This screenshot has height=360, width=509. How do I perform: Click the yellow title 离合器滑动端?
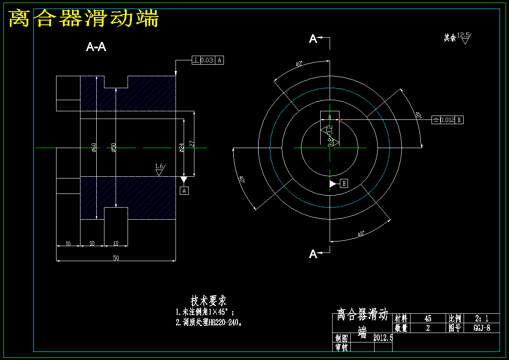(x=84, y=19)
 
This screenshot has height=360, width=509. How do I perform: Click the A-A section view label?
(x=96, y=47)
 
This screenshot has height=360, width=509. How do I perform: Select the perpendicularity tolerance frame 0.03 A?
(x=207, y=60)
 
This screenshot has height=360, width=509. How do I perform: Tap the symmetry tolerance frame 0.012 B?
(x=447, y=120)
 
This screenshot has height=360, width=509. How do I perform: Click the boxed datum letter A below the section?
(x=185, y=191)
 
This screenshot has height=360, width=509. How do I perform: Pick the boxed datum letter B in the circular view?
(x=344, y=184)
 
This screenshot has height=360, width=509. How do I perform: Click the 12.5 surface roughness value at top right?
(x=463, y=35)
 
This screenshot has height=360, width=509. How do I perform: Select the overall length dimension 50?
(x=116, y=258)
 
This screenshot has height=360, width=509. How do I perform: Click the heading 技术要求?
(x=208, y=300)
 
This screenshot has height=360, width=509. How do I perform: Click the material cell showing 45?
(x=428, y=318)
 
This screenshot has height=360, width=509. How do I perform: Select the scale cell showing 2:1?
(x=481, y=318)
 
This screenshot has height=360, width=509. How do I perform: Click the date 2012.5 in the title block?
(x=383, y=338)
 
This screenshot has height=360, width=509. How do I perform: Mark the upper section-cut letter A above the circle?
(x=313, y=39)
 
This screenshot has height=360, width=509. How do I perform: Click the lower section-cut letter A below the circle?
(x=313, y=254)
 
